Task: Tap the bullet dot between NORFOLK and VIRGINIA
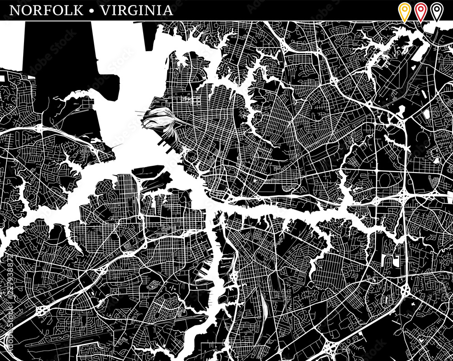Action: (92, 10)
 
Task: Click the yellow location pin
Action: (404, 11)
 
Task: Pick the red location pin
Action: (420, 11)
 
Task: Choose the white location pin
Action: (437, 11)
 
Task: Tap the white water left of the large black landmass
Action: (11, 45)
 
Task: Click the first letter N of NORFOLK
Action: (14, 10)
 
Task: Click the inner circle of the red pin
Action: (420, 8)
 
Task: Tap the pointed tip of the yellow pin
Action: (404, 21)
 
